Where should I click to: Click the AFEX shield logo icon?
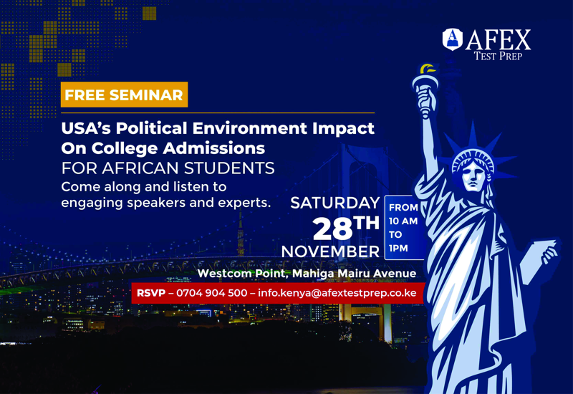click(x=453, y=39)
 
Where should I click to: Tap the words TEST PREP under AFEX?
click(x=498, y=56)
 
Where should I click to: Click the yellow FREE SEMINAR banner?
click(x=124, y=95)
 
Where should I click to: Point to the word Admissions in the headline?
click(x=214, y=148)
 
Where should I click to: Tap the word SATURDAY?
click(x=335, y=203)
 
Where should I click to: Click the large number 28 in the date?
click(x=332, y=229)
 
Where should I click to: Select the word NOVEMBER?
click(x=330, y=251)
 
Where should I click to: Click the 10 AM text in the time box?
click(x=403, y=221)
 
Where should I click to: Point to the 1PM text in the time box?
click(x=398, y=249)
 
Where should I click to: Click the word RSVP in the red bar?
click(x=151, y=293)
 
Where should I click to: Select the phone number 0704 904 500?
click(x=211, y=293)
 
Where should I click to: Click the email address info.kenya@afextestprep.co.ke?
click(x=337, y=293)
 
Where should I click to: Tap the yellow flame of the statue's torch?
click(x=427, y=69)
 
